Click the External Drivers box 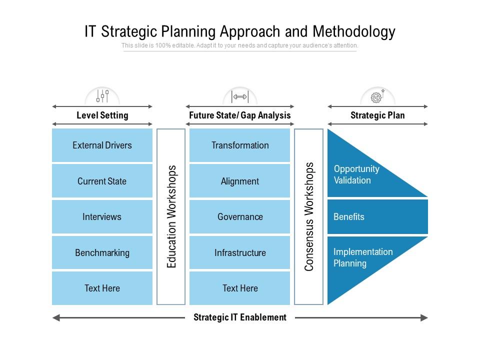tap(102, 145)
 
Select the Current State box tap(102, 181)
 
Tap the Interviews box tap(102, 217)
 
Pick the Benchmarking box tap(102, 252)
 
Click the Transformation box tap(239, 145)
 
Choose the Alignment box tap(239, 181)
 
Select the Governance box tap(239, 217)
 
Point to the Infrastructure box tap(239, 252)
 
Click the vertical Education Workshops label tap(171, 216)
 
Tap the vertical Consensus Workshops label tap(309, 216)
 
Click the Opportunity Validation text tap(356, 174)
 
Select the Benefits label tap(349, 217)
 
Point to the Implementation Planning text tap(363, 257)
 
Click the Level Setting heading tap(102, 115)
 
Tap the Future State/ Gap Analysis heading tap(240, 115)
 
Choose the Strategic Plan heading tap(377, 115)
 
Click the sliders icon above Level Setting tap(102, 96)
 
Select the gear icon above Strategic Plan tap(377, 96)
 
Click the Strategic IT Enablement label tap(240, 317)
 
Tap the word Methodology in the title tap(354, 31)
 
